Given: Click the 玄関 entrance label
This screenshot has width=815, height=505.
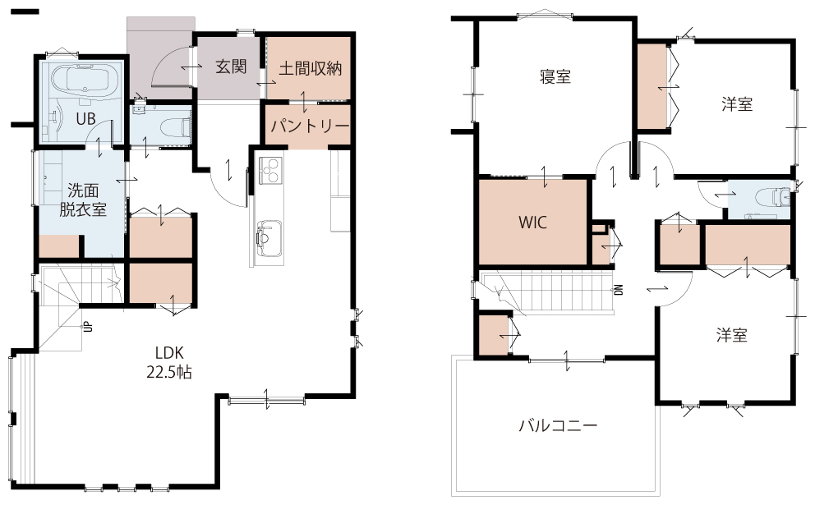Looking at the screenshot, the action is click(231, 67).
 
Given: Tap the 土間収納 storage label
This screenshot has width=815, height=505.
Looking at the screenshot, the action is click(311, 69).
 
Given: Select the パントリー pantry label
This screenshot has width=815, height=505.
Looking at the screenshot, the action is click(310, 126).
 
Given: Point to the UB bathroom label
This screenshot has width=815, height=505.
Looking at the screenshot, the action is click(85, 119).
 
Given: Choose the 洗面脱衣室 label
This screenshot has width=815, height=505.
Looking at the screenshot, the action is click(83, 200).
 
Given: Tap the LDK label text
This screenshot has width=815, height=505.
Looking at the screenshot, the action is click(169, 353).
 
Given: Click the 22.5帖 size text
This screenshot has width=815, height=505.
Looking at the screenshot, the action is click(169, 372).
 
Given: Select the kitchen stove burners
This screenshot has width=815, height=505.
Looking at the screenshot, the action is click(270, 170).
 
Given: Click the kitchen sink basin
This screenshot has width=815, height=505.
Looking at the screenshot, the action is click(269, 238).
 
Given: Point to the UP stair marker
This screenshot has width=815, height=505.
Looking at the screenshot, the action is click(88, 327).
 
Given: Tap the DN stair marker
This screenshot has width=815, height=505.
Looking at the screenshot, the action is click(619, 290).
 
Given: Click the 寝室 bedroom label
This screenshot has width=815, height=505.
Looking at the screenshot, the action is click(555, 77).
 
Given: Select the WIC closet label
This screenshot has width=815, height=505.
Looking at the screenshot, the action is click(532, 223).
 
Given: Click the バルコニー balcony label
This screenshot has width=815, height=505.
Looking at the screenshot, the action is click(558, 426).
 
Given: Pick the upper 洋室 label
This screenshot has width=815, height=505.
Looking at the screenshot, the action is click(737, 104).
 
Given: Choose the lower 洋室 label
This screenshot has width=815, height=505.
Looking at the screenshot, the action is click(732, 335).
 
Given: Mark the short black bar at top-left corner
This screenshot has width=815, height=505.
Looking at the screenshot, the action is click(25, 11).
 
